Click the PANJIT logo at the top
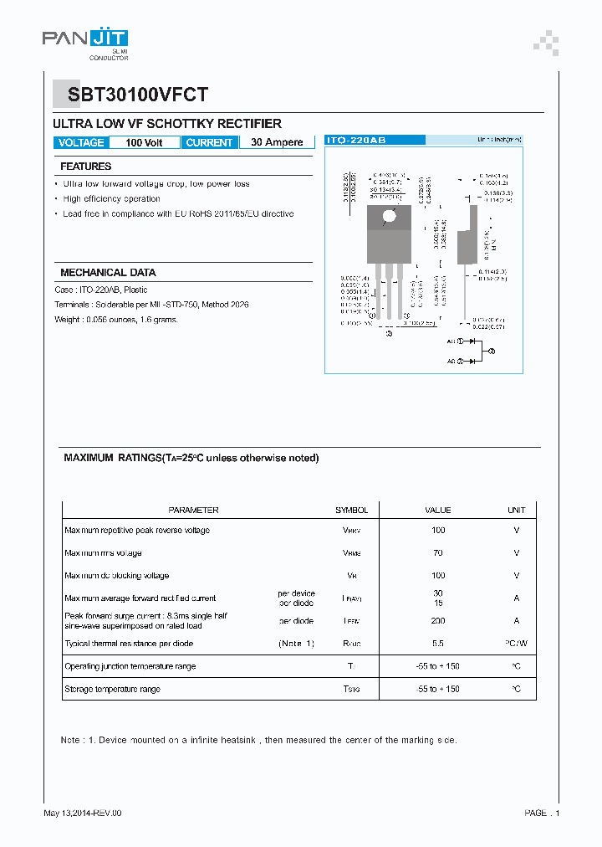[84, 38]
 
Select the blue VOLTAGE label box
[81, 142]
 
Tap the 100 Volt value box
[144, 142]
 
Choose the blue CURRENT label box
[209, 142]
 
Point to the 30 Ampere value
[277, 142]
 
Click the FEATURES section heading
[85, 167]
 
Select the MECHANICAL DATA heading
[108, 273]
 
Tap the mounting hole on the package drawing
[389, 218]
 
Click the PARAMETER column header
[193, 510]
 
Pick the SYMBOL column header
[351, 510]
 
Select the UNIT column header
[517, 510]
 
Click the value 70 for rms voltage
[438, 552]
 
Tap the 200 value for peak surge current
[438, 621]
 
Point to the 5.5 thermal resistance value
[438, 644]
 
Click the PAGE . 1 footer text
[542, 813]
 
